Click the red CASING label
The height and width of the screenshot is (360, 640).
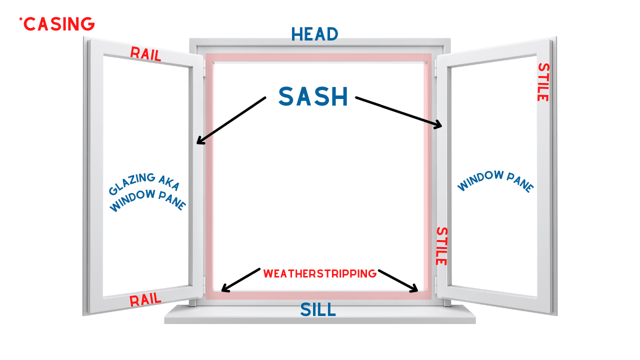pos(59,23)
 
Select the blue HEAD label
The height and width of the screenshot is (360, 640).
pos(314,34)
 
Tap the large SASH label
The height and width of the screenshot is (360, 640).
pos(313,96)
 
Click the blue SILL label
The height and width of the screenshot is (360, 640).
pos(318,309)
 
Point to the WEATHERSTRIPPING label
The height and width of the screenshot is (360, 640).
pos(319,273)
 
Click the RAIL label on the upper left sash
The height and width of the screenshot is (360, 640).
pos(145,54)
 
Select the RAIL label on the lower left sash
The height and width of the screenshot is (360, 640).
pos(145,300)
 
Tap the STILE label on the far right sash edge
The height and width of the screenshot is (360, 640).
pos(543,82)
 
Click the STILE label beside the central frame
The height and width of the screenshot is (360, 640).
pos(441,246)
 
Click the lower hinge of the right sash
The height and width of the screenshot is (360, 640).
pos(435,285)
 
